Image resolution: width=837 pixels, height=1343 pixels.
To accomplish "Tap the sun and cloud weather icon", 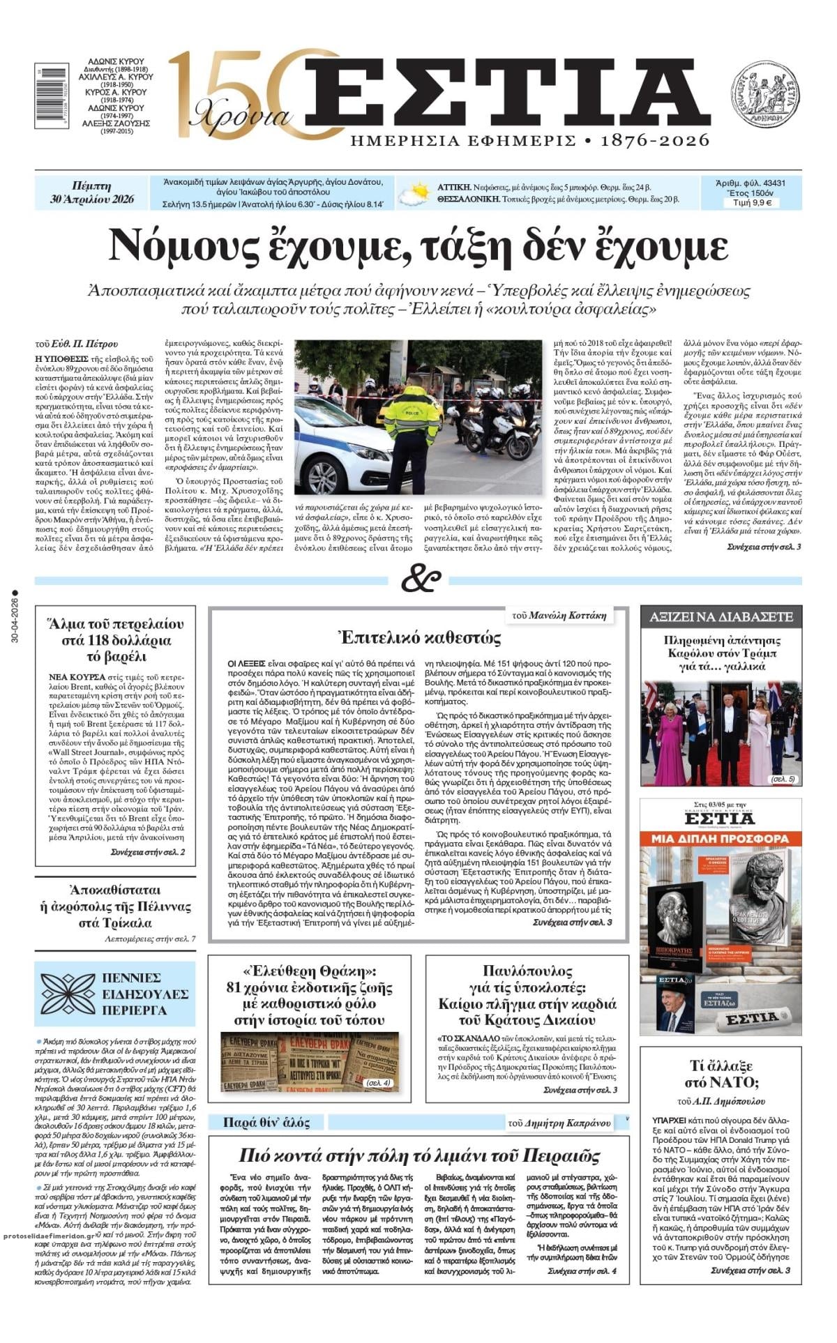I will click(x=415, y=193).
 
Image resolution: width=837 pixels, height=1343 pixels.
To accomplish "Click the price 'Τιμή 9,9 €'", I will click(x=751, y=203).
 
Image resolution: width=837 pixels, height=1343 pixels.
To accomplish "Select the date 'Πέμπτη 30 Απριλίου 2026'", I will click(x=92, y=193).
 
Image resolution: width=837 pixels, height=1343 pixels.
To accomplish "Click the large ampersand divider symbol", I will click(x=421, y=579).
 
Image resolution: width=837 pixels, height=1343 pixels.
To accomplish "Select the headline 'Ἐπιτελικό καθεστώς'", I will click(x=419, y=637).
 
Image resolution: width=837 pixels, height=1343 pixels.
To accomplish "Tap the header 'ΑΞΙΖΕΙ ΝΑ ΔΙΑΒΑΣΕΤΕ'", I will click(x=721, y=617).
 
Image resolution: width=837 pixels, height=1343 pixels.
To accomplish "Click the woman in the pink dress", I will click(x=670, y=738).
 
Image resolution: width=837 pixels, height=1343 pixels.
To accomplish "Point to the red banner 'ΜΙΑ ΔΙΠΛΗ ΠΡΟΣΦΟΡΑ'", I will click(x=721, y=837).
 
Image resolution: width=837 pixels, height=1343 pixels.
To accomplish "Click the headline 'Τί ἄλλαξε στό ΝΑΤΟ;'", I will click(x=721, y=1074).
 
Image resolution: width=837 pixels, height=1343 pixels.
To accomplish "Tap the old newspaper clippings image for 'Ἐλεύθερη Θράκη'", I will click(x=310, y=1062).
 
